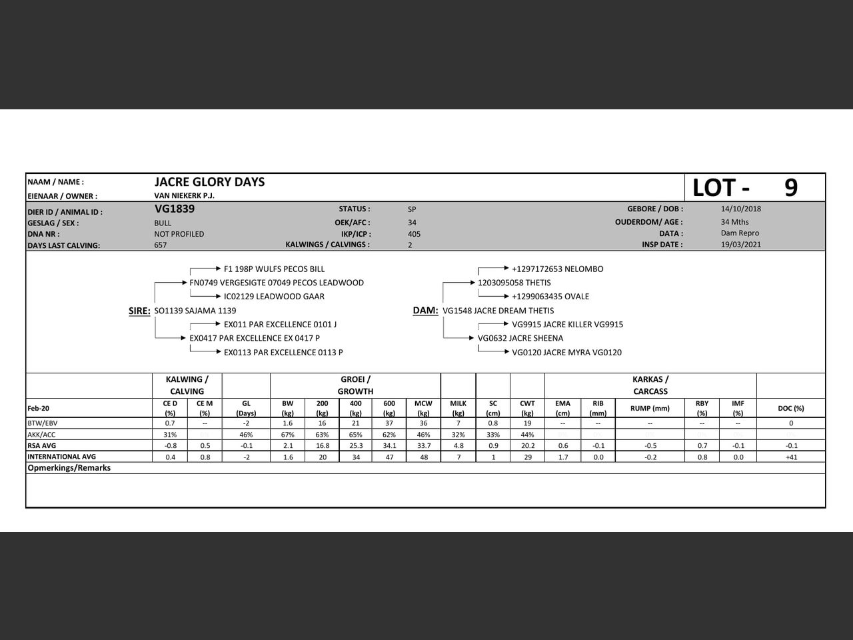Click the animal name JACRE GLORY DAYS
[209, 182]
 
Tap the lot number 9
[790, 188]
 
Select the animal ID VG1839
[175, 209]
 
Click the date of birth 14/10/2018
[741, 209]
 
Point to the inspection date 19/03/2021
[741, 245]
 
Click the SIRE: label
[139, 311]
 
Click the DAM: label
[425, 311]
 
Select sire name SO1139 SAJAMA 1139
[195, 311]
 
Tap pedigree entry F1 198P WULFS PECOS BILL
[275, 269]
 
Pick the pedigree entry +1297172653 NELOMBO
[558, 269]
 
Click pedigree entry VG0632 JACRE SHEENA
[520, 338]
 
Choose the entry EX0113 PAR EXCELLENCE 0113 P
[283, 352]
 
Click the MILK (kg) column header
[458, 408]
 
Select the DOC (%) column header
[791, 408]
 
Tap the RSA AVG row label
[41, 445]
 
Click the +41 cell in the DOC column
[791, 457]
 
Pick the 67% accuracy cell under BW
[287, 435]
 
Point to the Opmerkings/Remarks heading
[69, 468]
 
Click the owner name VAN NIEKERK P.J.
[185, 196]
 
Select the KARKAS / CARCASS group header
[650, 385]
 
